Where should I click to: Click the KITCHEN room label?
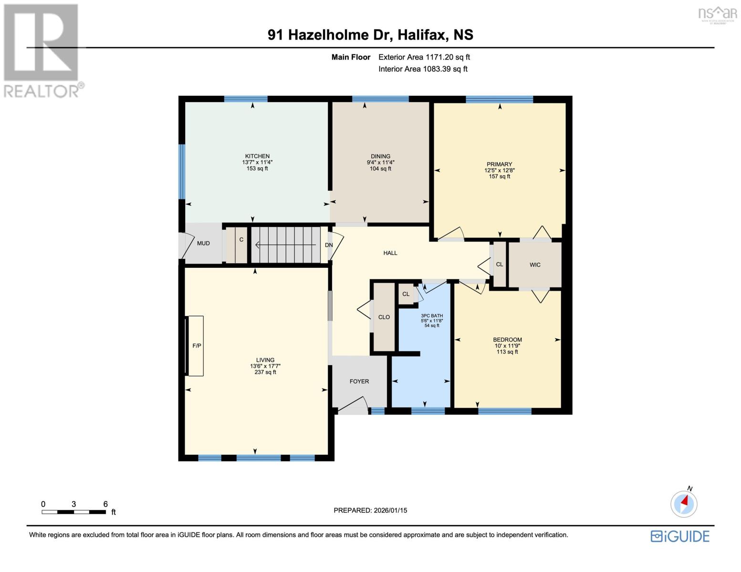click(x=257, y=156)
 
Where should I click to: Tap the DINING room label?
click(x=380, y=156)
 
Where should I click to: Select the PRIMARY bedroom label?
click(x=499, y=164)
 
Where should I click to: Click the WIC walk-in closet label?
click(x=535, y=265)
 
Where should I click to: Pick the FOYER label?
click(x=359, y=381)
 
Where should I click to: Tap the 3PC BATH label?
click(x=432, y=316)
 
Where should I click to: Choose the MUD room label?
click(x=203, y=244)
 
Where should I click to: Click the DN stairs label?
click(x=329, y=245)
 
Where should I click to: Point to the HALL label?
click(x=390, y=253)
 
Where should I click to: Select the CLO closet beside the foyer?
click(x=384, y=317)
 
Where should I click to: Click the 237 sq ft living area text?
click(x=265, y=372)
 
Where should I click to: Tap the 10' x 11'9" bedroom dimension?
click(x=507, y=346)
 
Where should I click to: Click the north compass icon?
click(x=684, y=503)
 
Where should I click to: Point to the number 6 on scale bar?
click(x=105, y=504)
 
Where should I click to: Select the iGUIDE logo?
click(x=680, y=536)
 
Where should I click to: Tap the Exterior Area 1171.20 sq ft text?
click(x=424, y=57)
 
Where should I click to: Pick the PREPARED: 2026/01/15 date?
click(x=370, y=511)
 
